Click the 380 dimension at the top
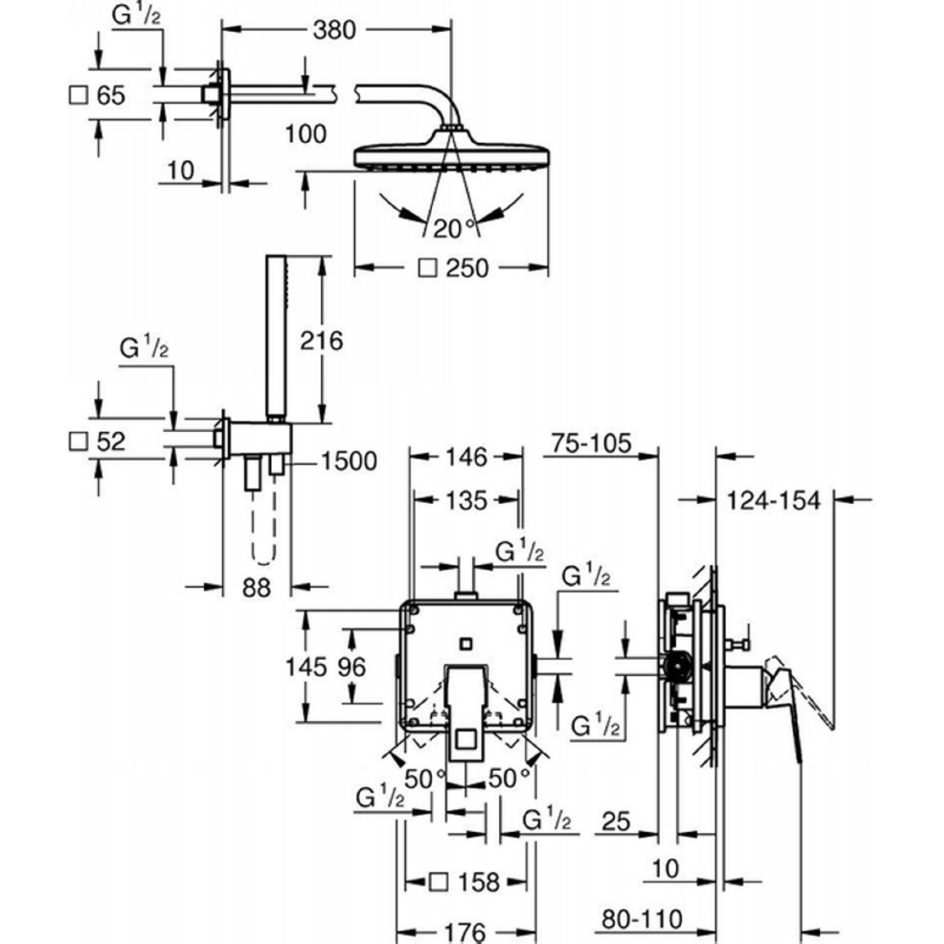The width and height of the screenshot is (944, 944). click(334, 29)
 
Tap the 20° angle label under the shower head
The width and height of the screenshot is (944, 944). click(454, 229)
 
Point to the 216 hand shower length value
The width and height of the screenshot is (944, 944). click(322, 341)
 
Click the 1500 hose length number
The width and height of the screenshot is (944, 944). click(350, 461)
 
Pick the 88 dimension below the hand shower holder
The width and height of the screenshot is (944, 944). click(256, 588)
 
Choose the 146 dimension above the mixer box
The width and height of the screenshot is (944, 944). click(466, 457)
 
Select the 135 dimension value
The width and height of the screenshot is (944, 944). click(466, 501)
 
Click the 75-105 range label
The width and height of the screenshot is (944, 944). click(591, 443)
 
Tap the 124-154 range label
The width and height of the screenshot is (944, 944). click(773, 501)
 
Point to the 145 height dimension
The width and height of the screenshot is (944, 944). click(306, 666)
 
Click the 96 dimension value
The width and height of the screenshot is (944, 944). click(351, 666)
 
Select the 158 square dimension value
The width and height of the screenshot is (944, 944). click(479, 883)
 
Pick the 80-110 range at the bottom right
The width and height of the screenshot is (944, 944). click(642, 920)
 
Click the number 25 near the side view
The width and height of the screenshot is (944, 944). click(616, 822)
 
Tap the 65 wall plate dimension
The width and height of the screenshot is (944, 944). click(111, 95)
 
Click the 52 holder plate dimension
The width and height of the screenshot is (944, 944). click(111, 441)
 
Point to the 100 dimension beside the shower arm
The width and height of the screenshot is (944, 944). click(306, 134)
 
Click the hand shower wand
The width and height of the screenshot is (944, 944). click(276, 337)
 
